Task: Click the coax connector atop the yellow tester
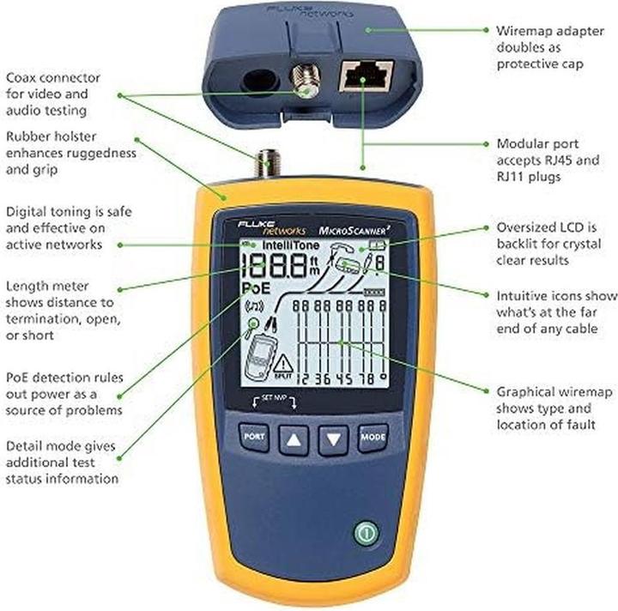[x=266, y=160]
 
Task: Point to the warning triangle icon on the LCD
[x=282, y=365]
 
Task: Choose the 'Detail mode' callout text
[x=45, y=447]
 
